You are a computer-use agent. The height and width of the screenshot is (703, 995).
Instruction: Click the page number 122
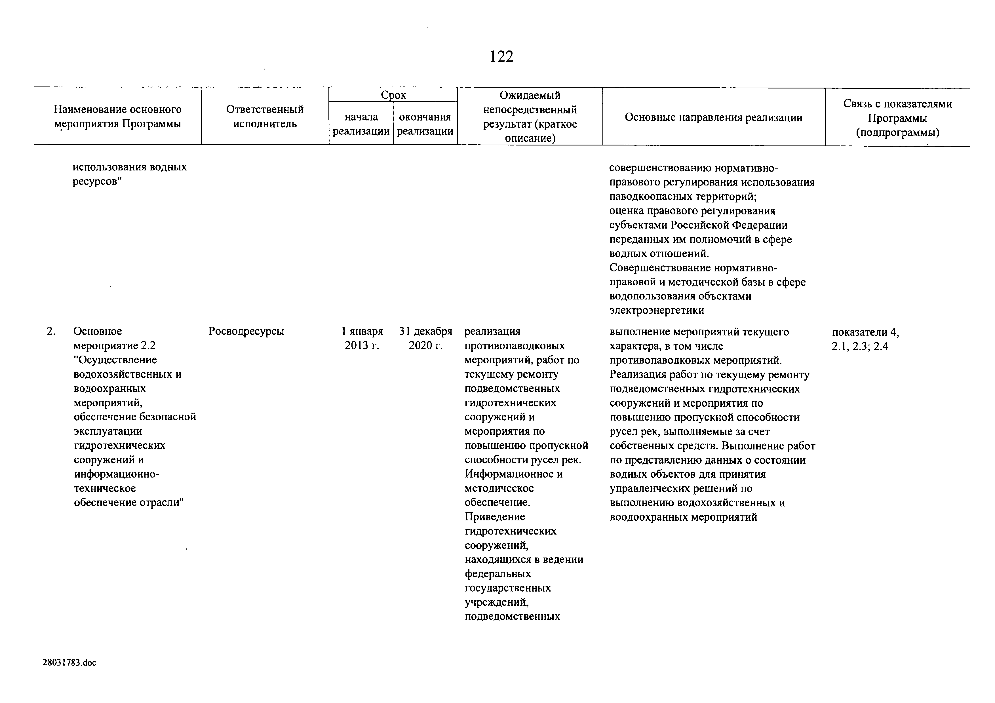[x=501, y=57]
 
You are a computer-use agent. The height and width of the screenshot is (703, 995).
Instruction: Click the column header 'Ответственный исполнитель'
[x=265, y=117]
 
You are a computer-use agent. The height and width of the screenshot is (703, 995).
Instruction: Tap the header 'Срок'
[x=393, y=95]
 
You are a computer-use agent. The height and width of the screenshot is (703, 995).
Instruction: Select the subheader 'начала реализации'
[x=361, y=124]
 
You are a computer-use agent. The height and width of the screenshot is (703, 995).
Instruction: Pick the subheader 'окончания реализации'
[x=425, y=124]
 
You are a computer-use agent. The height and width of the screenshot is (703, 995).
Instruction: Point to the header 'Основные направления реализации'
[x=713, y=117]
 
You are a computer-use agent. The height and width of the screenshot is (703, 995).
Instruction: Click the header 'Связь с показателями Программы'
[x=897, y=118]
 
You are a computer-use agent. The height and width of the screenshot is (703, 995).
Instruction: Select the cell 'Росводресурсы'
[x=246, y=331]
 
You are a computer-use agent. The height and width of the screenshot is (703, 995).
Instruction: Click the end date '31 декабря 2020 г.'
[x=425, y=338]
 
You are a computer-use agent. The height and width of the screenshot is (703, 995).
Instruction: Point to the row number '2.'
[x=51, y=331]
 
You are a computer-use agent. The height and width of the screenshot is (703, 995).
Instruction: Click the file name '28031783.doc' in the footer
[x=69, y=663]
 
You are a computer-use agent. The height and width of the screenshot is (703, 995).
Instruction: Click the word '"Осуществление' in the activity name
[x=115, y=360]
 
